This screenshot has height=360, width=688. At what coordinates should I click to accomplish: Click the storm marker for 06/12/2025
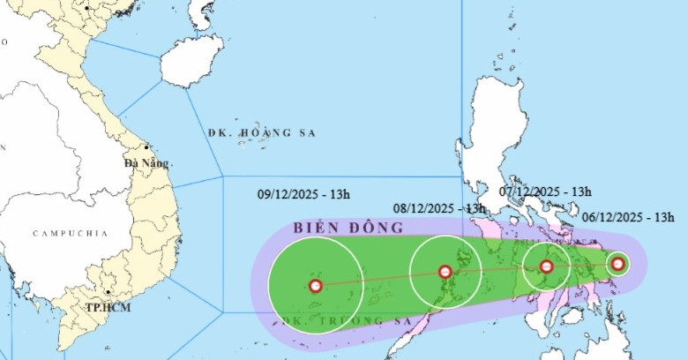tap(618, 263)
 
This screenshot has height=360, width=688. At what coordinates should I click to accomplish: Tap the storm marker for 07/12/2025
tap(546, 266)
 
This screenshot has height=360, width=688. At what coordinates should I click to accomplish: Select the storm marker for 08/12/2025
tap(445, 273)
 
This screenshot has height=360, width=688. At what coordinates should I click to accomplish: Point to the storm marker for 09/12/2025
tap(315, 285)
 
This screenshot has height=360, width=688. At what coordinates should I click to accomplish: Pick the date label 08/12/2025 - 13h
tap(439, 209)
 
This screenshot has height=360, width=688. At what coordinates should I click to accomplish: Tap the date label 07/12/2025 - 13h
tap(545, 191)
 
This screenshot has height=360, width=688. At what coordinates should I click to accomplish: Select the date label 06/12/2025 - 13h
tap(628, 217)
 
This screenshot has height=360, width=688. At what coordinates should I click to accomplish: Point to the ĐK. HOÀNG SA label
tap(261, 132)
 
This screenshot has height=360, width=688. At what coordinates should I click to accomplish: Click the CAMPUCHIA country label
tap(70, 233)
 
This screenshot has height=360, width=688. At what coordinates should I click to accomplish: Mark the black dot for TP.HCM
tap(108, 294)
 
